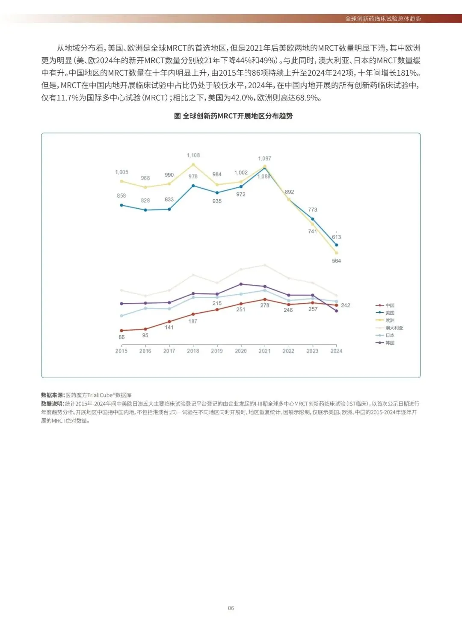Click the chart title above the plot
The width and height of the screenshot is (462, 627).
point(233,116)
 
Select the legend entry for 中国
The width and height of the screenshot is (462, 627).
point(389,305)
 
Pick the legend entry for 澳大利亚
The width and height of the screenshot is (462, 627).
point(394,328)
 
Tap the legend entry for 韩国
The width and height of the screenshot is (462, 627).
point(389,343)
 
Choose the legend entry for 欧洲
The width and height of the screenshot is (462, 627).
point(389,320)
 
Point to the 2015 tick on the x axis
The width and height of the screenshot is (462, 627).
point(121,351)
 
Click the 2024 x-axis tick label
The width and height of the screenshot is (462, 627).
point(336,351)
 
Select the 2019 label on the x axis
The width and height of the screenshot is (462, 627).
point(217,351)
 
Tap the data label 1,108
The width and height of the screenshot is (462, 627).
point(193,155)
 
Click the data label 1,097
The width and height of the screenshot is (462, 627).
point(264,158)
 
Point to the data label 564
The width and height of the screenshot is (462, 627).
point(336,260)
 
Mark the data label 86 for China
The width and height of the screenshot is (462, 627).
point(121,337)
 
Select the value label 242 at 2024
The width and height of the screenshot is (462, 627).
point(346,305)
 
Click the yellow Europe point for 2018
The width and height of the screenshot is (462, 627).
point(193,164)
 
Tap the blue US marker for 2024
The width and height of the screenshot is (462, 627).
point(336,245)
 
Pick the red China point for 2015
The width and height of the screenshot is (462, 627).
point(121,331)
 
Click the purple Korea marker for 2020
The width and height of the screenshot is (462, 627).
point(241,284)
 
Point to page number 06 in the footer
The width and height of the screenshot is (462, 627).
point(231,608)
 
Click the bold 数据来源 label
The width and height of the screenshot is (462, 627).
point(53,395)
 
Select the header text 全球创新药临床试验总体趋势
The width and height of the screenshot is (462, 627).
point(383,19)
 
